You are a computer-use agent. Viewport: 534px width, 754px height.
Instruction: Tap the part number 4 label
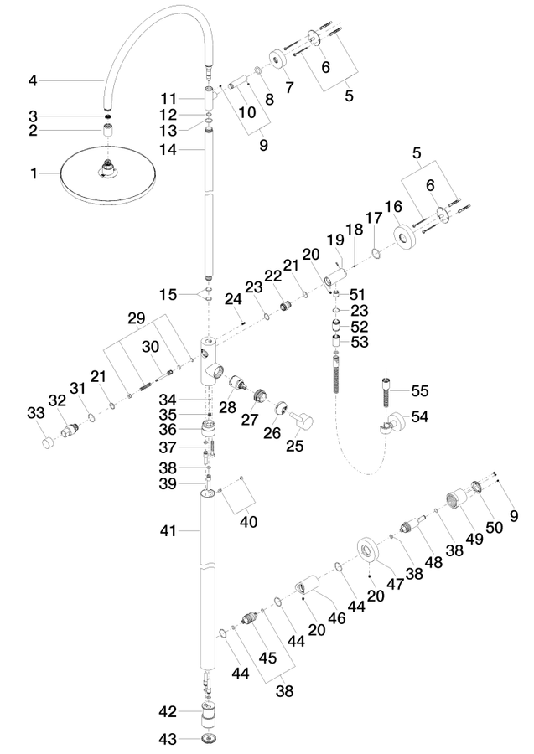pyautogui.click(x=33, y=80)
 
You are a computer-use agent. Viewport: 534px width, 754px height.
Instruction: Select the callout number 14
pyautogui.click(x=168, y=150)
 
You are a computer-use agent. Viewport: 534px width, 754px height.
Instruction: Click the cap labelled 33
pyautogui.click(x=48, y=442)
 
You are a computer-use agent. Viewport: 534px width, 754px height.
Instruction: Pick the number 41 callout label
pyautogui.click(x=168, y=531)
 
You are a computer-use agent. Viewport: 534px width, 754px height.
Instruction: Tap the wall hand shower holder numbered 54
pyautogui.click(x=392, y=423)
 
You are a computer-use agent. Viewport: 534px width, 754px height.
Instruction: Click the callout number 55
pyautogui.click(x=419, y=390)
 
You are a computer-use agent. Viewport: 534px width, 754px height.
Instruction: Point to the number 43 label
pyautogui.click(x=168, y=739)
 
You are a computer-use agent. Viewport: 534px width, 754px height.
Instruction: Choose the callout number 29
pyautogui.click(x=136, y=318)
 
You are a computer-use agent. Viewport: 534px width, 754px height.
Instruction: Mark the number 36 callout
pyautogui.click(x=168, y=429)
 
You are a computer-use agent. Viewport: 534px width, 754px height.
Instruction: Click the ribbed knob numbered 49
pyautogui.click(x=457, y=501)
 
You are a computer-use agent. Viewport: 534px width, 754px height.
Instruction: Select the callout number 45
pyautogui.click(x=267, y=658)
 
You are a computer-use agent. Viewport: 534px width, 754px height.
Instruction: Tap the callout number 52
pyautogui.click(x=360, y=327)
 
